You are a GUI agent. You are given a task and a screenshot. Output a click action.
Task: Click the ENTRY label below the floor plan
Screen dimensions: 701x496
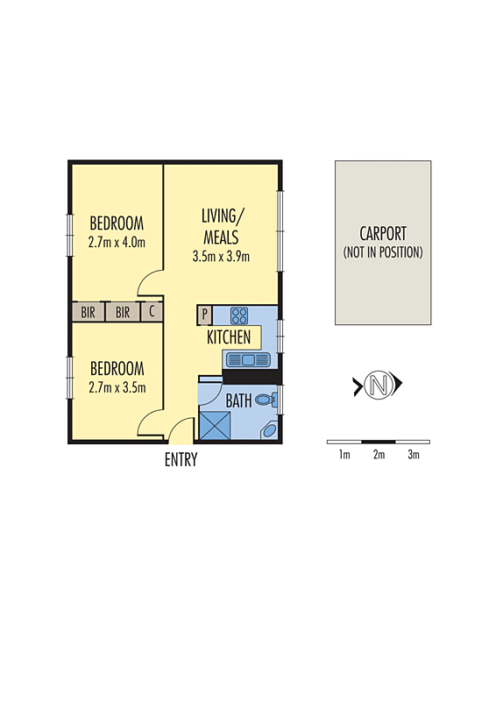point(181,460)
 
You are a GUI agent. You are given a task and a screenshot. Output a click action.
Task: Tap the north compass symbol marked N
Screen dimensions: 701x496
point(378,384)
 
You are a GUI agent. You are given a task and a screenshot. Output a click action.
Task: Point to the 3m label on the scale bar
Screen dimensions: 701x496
point(413,455)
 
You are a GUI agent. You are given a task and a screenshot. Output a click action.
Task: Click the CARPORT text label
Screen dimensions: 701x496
point(383,234)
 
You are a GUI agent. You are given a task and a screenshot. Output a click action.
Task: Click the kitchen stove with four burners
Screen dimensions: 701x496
point(239,315)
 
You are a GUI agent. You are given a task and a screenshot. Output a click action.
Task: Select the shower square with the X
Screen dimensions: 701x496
point(214,426)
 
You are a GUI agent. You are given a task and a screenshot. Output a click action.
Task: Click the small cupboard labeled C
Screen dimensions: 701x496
point(151,311)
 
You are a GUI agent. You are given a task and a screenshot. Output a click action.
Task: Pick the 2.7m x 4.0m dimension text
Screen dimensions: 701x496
point(117,243)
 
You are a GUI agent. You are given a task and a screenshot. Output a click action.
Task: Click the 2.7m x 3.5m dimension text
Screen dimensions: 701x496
point(117,387)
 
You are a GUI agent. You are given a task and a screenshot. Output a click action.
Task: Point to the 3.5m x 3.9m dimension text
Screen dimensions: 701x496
point(221,257)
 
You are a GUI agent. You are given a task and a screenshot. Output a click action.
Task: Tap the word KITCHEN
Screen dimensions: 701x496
point(229,337)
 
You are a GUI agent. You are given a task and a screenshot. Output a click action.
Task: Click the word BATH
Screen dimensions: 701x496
point(238,401)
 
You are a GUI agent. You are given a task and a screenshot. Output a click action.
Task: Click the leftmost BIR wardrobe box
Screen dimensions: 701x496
point(88,311)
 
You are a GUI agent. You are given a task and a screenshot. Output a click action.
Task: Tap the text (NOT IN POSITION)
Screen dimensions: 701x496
point(383,252)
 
